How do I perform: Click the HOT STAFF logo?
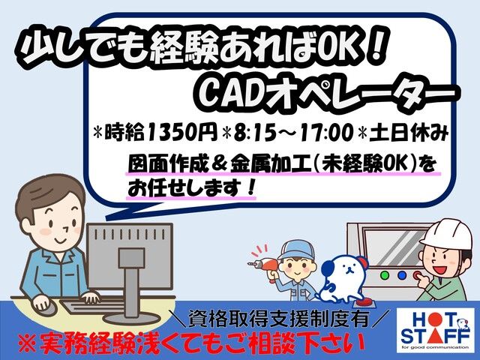click(435, 329)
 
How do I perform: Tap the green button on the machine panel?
click(385, 275)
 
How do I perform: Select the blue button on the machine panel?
click(402, 275)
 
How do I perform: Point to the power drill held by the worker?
click(262, 265)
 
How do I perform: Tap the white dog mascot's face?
click(346, 269)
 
